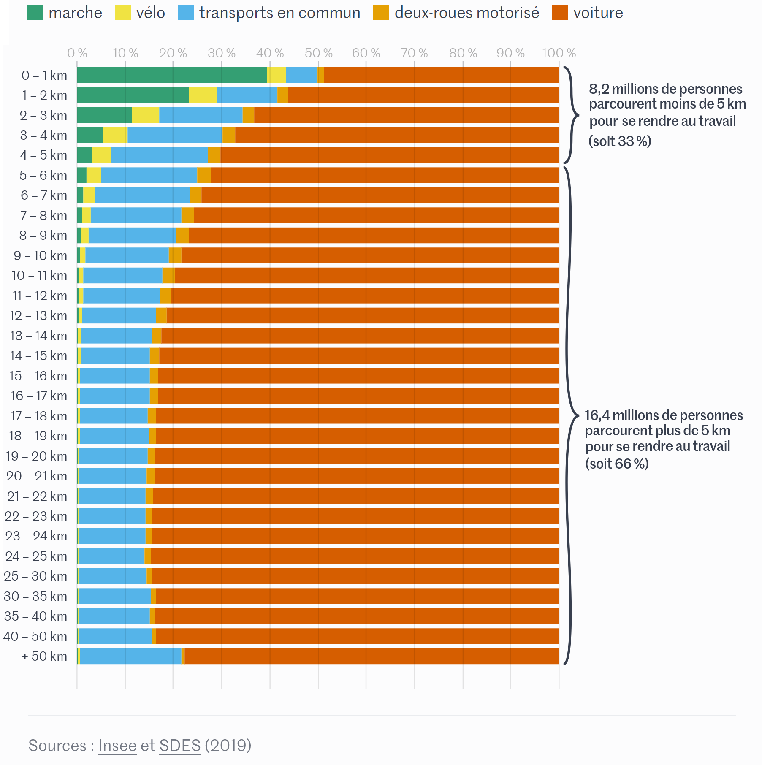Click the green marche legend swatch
[x=35, y=13]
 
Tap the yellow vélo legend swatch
[x=122, y=13]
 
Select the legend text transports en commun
[x=279, y=13]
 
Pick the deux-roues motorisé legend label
[x=466, y=13]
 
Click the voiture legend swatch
[x=560, y=13]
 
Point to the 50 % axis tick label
[x=318, y=53]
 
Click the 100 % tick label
[x=559, y=53]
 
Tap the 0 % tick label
[x=77, y=53]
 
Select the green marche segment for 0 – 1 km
[x=171, y=75]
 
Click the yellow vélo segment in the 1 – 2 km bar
[x=203, y=95]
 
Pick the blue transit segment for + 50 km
[x=130, y=656]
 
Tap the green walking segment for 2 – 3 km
[x=104, y=115]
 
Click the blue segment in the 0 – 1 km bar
[x=301, y=75]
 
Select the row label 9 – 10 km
[x=41, y=256]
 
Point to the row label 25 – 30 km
[x=35, y=576]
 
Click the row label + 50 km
[x=44, y=656]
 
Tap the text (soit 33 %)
[x=620, y=141]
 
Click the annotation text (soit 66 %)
[x=616, y=464]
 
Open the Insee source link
[x=117, y=746]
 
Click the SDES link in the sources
[x=180, y=746]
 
